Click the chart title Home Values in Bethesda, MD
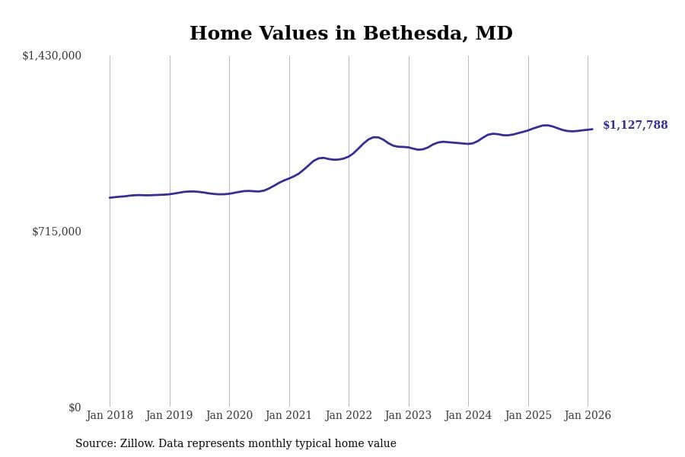point(351,34)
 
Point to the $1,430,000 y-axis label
point(52,56)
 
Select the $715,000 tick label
point(56,232)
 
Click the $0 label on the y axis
point(75,407)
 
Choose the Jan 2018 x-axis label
point(110,416)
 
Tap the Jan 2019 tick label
point(169,416)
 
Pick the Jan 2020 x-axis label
point(229,416)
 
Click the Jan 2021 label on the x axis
point(288,416)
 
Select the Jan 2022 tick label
point(349,416)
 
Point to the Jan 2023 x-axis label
point(408,416)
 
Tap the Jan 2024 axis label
point(468,416)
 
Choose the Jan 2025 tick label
point(528,416)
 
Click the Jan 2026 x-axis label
point(588,416)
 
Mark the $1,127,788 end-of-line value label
point(635,126)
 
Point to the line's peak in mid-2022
point(375,137)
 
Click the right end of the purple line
point(592,129)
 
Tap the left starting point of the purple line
point(110,198)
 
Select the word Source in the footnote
point(95,444)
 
